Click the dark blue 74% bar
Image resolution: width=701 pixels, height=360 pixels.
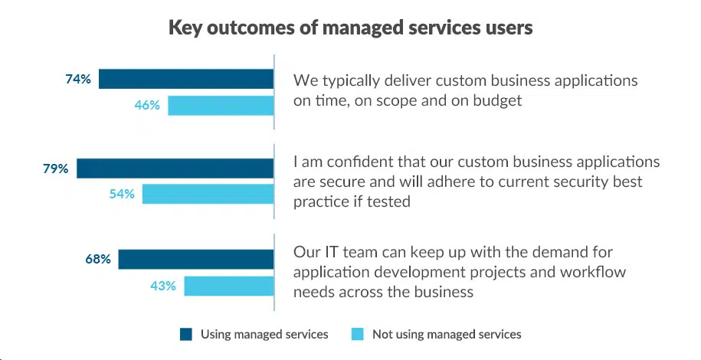point(186,79)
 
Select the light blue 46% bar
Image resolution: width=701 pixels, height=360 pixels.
point(221,106)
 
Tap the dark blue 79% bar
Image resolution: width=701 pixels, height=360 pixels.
point(175,169)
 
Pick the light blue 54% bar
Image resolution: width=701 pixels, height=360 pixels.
point(208,195)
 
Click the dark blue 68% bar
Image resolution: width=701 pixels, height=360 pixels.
point(195,259)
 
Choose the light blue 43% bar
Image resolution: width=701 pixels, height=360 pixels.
point(229,286)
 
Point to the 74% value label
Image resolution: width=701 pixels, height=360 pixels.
point(78,79)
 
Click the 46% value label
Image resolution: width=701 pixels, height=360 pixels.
point(147,106)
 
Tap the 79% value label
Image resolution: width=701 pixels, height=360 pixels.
point(55,169)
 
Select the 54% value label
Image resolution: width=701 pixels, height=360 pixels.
point(122,195)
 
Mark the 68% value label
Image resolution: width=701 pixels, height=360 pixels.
point(98,259)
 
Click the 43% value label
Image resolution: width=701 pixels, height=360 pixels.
point(164,286)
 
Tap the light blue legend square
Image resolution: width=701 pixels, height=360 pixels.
point(357,334)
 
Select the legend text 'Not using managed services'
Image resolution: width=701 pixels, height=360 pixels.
point(447,334)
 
